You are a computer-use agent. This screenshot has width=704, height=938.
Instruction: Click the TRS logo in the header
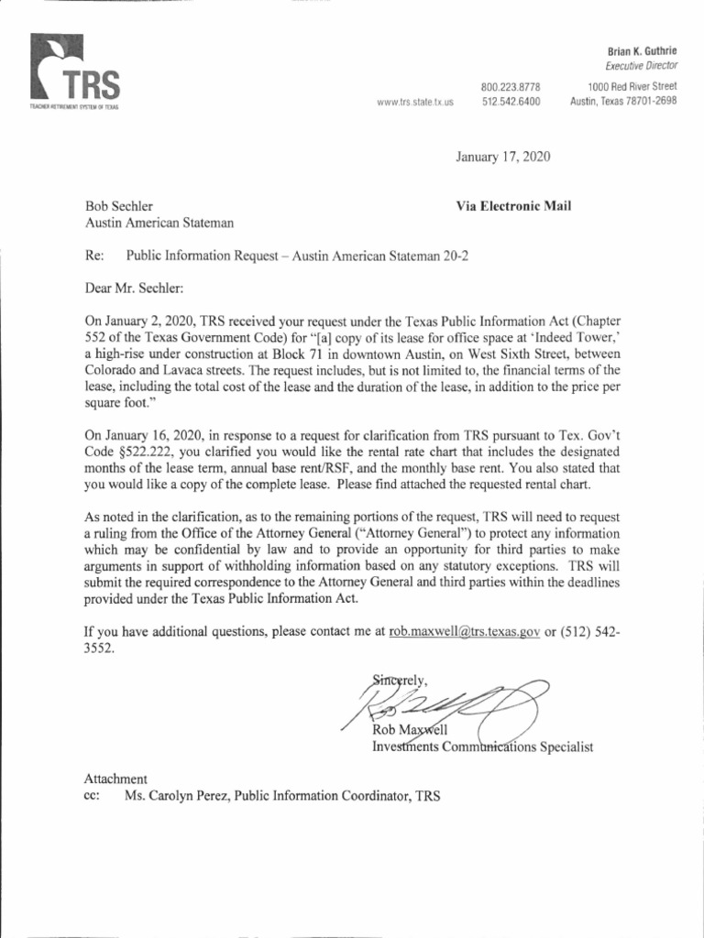coord(74,72)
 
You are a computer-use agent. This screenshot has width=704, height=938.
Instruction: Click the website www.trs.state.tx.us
coord(415,103)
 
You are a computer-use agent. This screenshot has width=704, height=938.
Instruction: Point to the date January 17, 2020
coord(503,158)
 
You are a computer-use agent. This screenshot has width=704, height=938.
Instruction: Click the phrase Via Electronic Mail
coord(513,206)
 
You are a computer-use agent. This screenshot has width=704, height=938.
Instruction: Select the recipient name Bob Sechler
coord(120,206)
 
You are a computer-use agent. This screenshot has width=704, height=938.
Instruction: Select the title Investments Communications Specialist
coord(482,747)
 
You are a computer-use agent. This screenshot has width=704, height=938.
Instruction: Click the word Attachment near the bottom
coord(115,779)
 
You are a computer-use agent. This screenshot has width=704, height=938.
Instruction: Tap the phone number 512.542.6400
coord(511,101)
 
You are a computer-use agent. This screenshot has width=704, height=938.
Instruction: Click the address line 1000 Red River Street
coord(632,87)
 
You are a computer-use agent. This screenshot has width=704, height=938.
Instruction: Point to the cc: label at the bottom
coord(92,796)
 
